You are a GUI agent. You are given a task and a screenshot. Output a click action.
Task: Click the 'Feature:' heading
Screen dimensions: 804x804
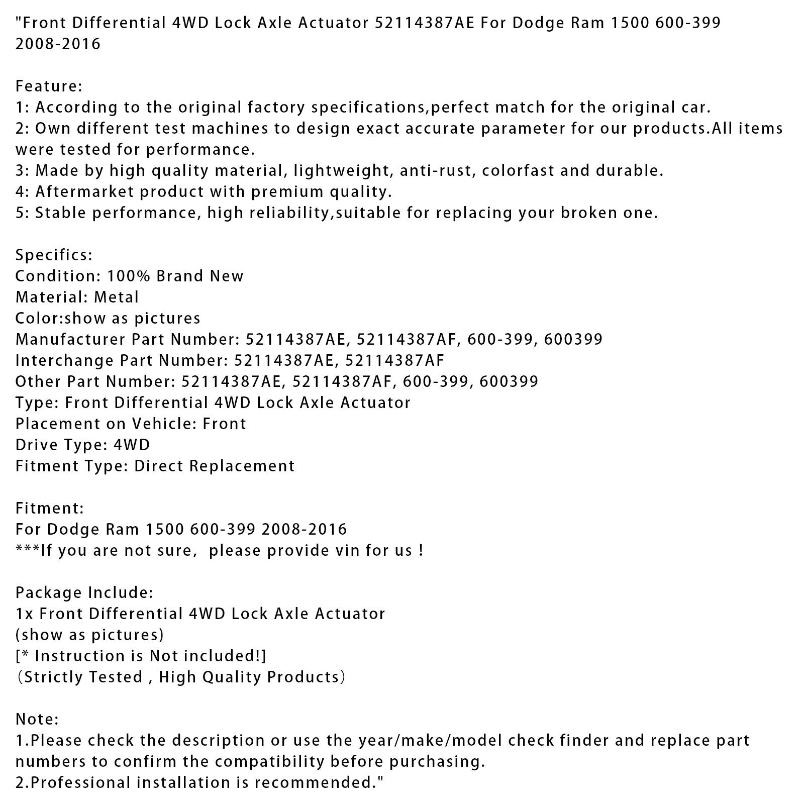(x=49, y=86)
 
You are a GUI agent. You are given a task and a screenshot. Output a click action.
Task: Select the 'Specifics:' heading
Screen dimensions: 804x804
(x=54, y=255)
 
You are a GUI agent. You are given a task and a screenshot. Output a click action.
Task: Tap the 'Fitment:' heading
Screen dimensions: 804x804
(x=50, y=509)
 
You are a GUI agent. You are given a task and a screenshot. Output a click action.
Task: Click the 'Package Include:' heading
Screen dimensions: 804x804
(x=84, y=593)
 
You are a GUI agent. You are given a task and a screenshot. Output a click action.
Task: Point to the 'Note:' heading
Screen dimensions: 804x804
(x=37, y=720)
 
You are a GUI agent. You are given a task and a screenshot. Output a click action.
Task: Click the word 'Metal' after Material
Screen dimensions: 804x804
(x=116, y=297)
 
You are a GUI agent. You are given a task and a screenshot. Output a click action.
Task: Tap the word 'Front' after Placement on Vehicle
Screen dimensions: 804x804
(x=224, y=424)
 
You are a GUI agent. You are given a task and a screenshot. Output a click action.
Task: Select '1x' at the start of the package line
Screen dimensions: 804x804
(x=24, y=614)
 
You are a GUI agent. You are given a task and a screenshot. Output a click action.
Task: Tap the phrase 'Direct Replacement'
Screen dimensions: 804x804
(x=214, y=466)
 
